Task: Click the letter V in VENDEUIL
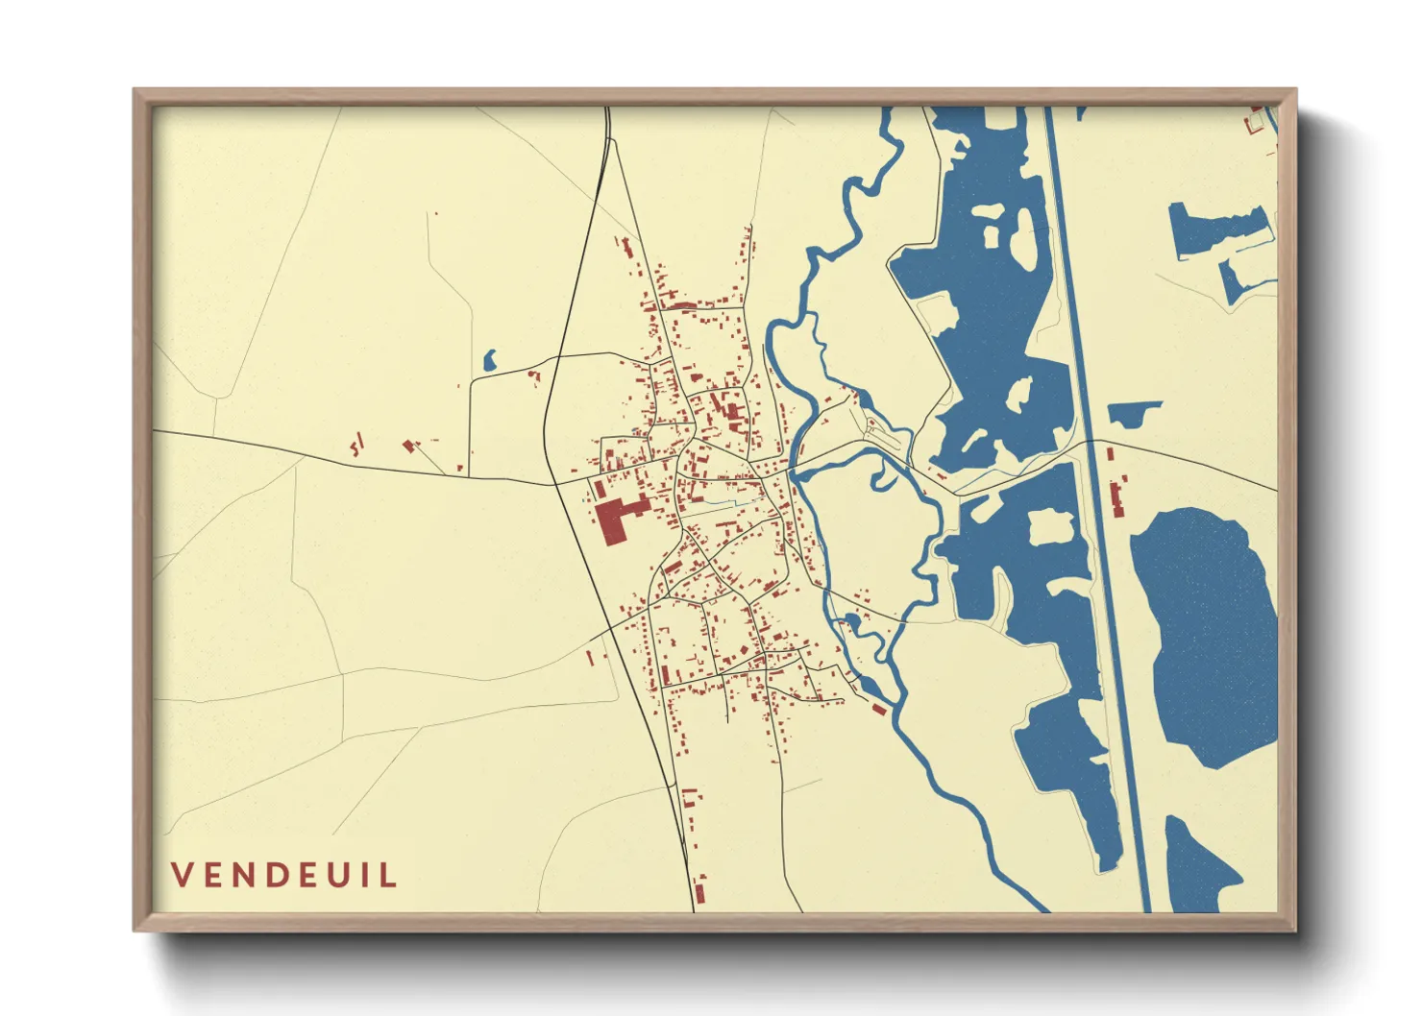coord(183,875)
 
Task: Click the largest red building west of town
coord(611,521)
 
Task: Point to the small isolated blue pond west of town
coord(489,361)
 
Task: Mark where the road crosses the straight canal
coord(1090,444)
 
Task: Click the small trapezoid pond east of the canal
coord(1136,414)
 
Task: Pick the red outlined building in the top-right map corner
coord(1254,123)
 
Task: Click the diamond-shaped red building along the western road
coord(409,446)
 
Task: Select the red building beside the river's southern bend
coord(877,710)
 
